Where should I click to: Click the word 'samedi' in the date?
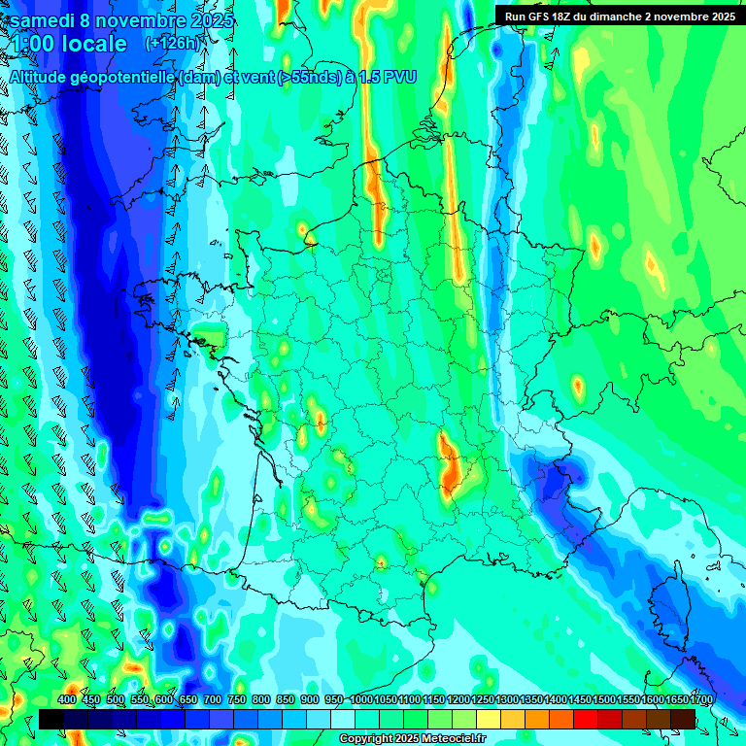click(45, 20)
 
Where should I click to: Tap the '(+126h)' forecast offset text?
click(174, 43)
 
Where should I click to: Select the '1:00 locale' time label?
click(69, 44)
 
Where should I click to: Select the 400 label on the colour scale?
click(67, 699)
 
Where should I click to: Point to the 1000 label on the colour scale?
click(361, 699)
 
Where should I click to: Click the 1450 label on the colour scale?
click(580, 699)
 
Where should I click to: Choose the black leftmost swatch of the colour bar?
click(51, 719)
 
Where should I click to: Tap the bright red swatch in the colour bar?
click(586, 719)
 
